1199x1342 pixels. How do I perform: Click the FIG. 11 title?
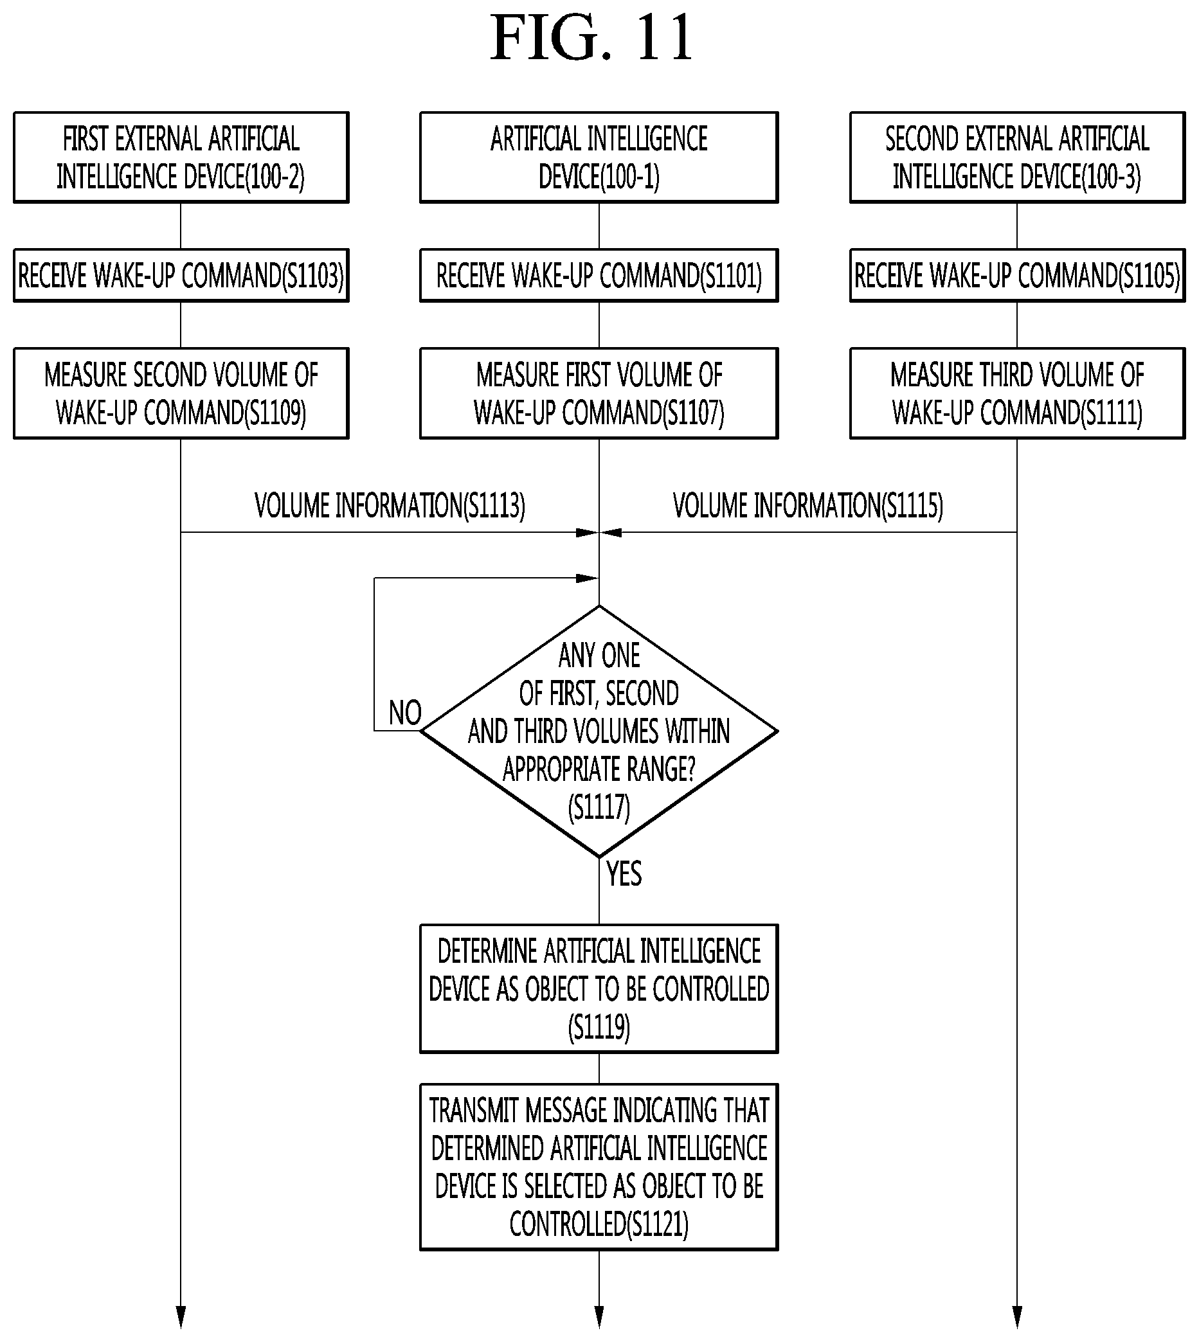pyautogui.click(x=591, y=38)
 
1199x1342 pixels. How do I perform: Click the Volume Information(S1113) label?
pyautogui.click(x=390, y=506)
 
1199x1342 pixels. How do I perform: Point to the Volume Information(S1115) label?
pyautogui.click(x=807, y=506)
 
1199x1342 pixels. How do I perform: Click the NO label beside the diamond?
pyautogui.click(x=404, y=713)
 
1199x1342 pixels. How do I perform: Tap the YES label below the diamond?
pyautogui.click(x=624, y=874)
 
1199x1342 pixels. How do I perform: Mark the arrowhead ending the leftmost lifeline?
pyautogui.click(x=181, y=1317)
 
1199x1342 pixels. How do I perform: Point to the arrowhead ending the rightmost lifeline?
pyautogui.click(x=1017, y=1317)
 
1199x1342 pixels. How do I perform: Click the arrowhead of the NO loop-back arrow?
pyautogui.click(x=588, y=578)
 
